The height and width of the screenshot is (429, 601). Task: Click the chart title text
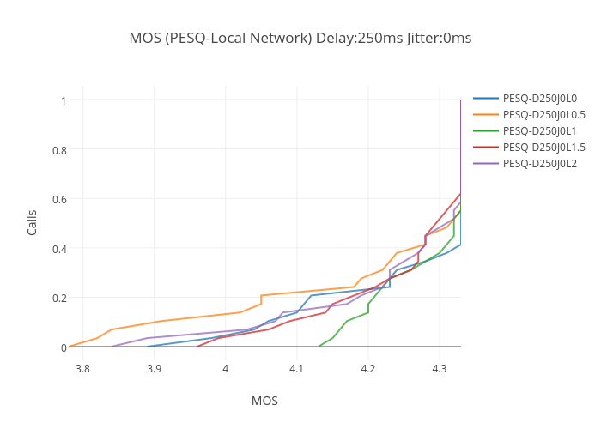click(300, 38)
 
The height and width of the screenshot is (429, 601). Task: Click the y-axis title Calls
click(32, 223)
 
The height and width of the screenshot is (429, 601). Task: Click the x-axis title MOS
click(264, 401)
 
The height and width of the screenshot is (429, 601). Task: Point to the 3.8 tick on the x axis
click(82, 369)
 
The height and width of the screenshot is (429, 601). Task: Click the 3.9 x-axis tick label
click(154, 369)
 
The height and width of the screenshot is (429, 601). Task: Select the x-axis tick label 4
click(225, 369)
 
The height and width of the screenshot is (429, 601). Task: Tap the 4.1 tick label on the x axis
click(297, 369)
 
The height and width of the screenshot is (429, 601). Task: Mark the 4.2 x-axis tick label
click(368, 369)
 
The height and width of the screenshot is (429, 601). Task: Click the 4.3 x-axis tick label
click(440, 369)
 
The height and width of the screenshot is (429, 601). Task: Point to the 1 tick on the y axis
click(64, 100)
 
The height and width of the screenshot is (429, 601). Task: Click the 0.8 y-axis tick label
click(58, 150)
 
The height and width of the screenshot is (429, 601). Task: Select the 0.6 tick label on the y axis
click(58, 199)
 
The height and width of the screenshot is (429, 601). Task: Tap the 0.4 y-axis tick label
click(58, 249)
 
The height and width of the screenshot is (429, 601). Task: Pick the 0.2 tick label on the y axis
click(58, 298)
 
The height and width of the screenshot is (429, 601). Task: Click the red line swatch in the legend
click(486, 148)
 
